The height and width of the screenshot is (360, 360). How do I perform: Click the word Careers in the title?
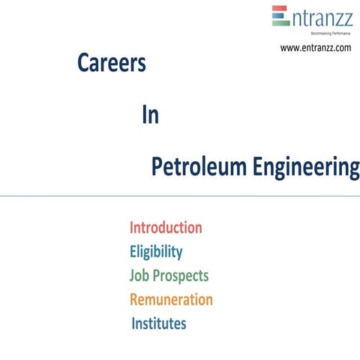[x=111, y=65]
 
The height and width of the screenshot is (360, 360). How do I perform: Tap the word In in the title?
[x=150, y=116]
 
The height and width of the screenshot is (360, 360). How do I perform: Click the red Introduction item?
[x=166, y=227]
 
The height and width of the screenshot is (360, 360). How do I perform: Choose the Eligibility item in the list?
[x=156, y=251]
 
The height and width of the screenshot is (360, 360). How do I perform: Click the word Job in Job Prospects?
[x=139, y=275]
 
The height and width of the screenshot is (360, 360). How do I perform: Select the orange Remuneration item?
[x=171, y=300]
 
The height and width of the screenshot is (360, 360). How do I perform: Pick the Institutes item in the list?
[x=158, y=324]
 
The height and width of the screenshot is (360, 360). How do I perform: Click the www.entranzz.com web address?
[x=316, y=48]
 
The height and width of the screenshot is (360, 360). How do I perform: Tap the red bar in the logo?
[x=280, y=9]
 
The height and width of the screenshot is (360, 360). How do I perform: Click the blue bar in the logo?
[x=280, y=16]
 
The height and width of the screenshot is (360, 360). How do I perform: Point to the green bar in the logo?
[x=280, y=22]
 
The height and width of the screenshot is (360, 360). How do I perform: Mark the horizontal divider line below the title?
[x=180, y=196]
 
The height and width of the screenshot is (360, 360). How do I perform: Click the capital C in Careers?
[x=84, y=65]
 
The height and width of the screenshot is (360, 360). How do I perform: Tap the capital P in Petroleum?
[x=157, y=168]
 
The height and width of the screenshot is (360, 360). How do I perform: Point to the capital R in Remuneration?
[x=135, y=300]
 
